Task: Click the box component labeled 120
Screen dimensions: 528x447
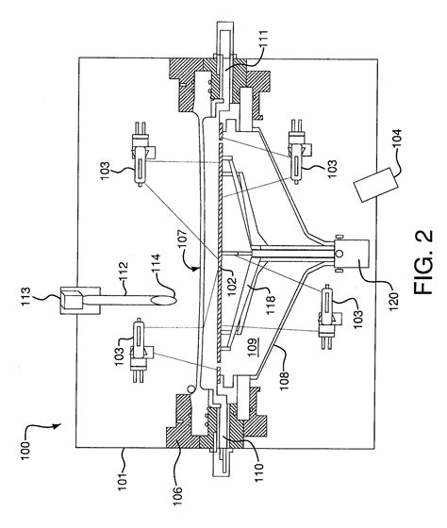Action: click(x=350, y=254)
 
